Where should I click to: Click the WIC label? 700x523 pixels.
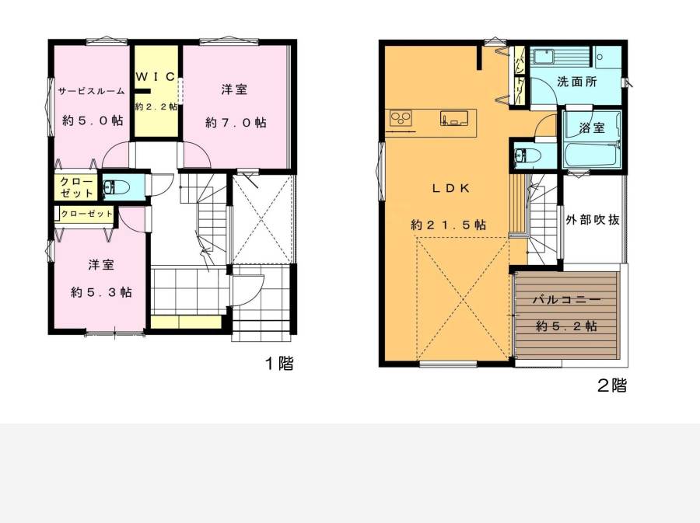pyautogui.click(x=156, y=77)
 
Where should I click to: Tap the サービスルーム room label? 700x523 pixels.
pyautogui.click(x=92, y=91)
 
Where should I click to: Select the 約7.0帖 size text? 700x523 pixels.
pyautogui.click(x=236, y=123)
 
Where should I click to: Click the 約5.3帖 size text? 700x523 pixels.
pyautogui.click(x=101, y=292)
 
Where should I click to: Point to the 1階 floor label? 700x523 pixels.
pyautogui.click(x=280, y=364)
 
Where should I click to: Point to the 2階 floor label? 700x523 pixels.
pyautogui.click(x=612, y=385)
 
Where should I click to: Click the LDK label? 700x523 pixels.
pyautogui.click(x=451, y=188)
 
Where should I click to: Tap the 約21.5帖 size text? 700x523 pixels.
pyautogui.click(x=448, y=225)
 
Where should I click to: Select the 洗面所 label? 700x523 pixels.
pyautogui.click(x=577, y=82)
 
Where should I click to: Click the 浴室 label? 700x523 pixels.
pyautogui.click(x=592, y=128)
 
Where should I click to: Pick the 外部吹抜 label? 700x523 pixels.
pyautogui.click(x=593, y=219)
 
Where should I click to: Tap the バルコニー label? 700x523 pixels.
pyautogui.click(x=566, y=300)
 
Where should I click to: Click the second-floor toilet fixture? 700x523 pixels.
pyautogui.click(x=527, y=155)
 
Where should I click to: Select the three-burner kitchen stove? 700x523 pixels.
pyautogui.click(x=401, y=119)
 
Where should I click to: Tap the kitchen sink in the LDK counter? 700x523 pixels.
pyautogui.click(x=454, y=118)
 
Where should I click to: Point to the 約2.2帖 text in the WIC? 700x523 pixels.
pyautogui.click(x=156, y=107)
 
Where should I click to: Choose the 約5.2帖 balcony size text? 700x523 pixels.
pyautogui.click(x=566, y=326)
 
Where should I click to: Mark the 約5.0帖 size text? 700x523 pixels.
pyautogui.click(x=93, y=120)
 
